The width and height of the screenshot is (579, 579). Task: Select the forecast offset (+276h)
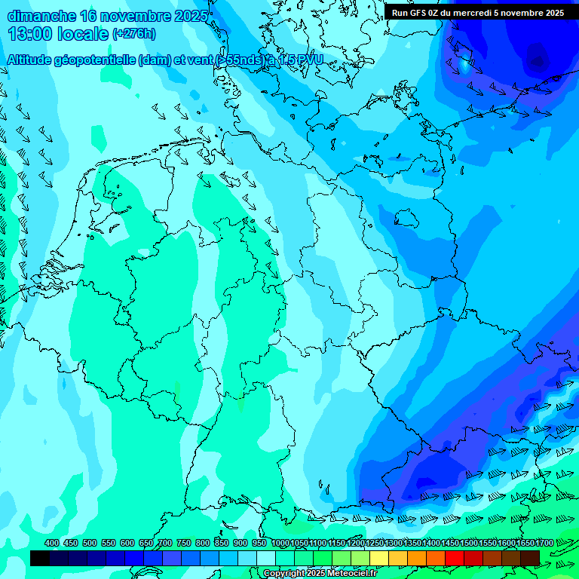point(133,34)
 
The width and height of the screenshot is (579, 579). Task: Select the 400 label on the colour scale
point(52,543)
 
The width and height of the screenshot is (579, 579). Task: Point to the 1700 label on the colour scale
point(544,543)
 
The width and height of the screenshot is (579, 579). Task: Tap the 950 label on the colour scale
point(259,543)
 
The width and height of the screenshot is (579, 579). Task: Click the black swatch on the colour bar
point(40,558)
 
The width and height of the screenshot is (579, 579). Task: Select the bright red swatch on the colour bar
point(455,558)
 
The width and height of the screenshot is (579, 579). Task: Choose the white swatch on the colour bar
point(266,558)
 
